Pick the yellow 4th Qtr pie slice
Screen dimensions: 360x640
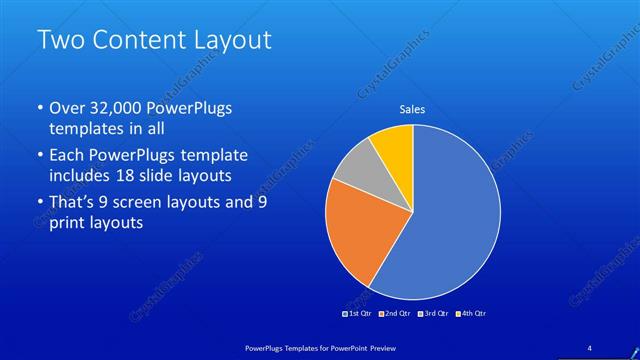[393, 148]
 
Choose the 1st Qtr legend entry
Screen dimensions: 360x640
[359, 314]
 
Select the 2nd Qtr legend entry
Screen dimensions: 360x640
[398, 314]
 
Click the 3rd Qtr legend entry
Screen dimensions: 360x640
[437, 314]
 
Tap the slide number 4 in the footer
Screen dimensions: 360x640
[589, 346]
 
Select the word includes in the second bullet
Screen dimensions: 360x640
[83, 176]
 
